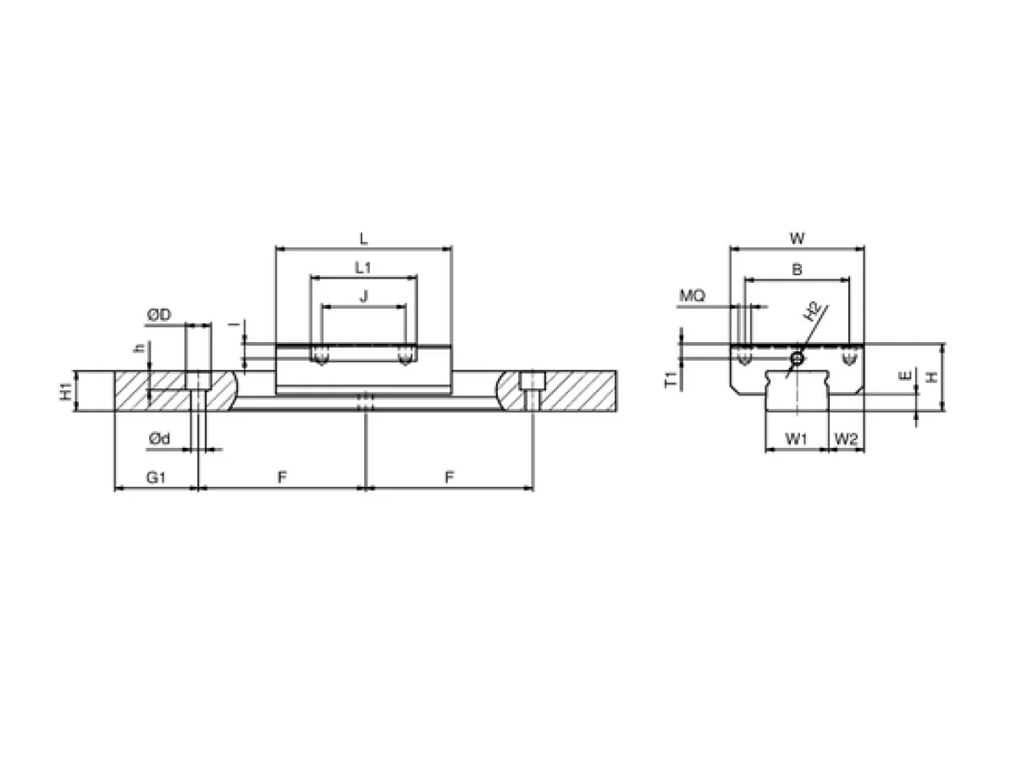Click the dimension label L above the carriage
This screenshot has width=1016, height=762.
coord(363,240)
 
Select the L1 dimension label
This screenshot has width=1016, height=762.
coord(362,268)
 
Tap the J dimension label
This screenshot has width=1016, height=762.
coord(364,296)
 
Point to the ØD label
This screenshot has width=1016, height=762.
coord(159,316)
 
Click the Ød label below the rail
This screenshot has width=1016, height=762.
coord(159,438)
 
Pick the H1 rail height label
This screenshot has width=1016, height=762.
coord(67,391)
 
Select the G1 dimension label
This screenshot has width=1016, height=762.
coord(156,477)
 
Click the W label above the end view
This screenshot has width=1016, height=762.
coord(797,239)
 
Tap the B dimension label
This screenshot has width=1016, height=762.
coord(797,269)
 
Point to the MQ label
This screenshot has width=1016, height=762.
coord(692,295)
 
